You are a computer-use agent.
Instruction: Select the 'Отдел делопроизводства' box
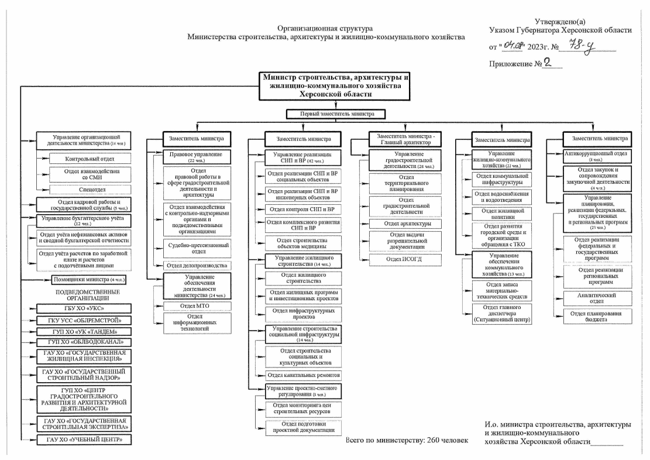[192, 265]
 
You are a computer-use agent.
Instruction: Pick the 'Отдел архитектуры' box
[404, 224]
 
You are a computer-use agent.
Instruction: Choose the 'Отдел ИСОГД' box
[404, 259]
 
